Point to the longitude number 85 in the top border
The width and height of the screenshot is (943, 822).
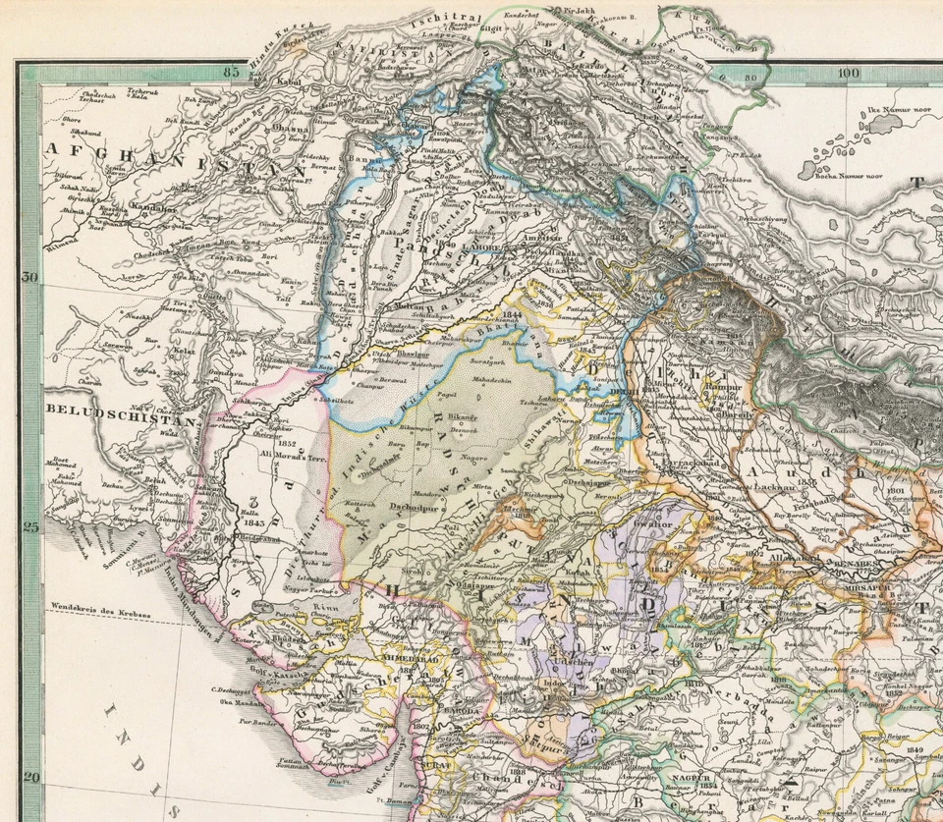(233, 71)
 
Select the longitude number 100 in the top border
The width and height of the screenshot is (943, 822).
(848, 73)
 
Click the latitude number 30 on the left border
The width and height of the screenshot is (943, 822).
(29, 277)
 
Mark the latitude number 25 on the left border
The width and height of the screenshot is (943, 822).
(29, 526)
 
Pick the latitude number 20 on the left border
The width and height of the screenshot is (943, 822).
(29, 777)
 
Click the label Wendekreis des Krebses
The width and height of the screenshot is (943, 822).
(101, 614)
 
